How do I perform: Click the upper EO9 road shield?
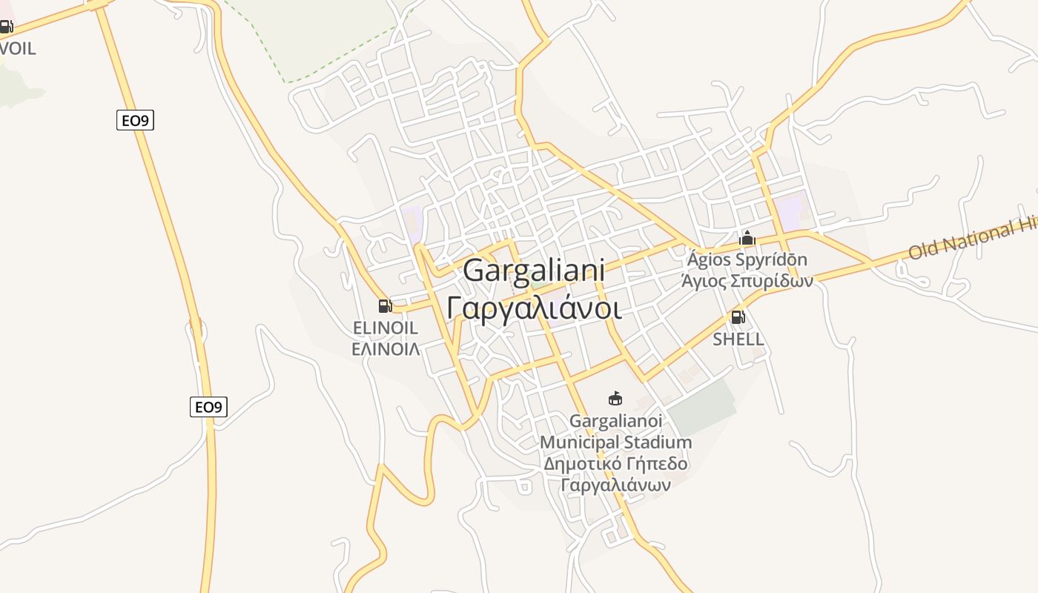pos(135,120)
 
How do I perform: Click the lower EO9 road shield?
pos(208,407)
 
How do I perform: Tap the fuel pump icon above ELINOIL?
pos(385,305)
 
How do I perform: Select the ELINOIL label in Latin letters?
pos(386,328)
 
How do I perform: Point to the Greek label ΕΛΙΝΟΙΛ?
pos(386,348)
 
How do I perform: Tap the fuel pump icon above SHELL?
pos(738,317)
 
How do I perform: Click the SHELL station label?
pos(738,339)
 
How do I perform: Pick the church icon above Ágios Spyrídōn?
pos(747,238)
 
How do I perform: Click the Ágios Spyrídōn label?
pos(747,260)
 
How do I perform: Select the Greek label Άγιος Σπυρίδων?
pos(747,281)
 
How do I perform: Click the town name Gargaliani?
pos(534,271)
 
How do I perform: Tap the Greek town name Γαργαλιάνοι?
pos(534,307)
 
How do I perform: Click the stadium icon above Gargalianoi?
pos(615,399)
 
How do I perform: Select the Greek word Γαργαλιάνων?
pos(615,486)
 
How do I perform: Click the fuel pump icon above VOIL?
pos(6,27)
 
